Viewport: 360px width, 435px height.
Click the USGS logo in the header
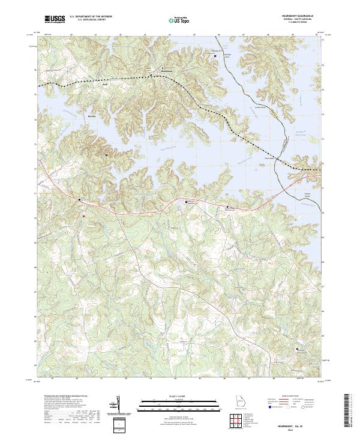coord(54,19)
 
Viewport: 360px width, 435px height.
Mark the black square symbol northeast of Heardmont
coord(216,56)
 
